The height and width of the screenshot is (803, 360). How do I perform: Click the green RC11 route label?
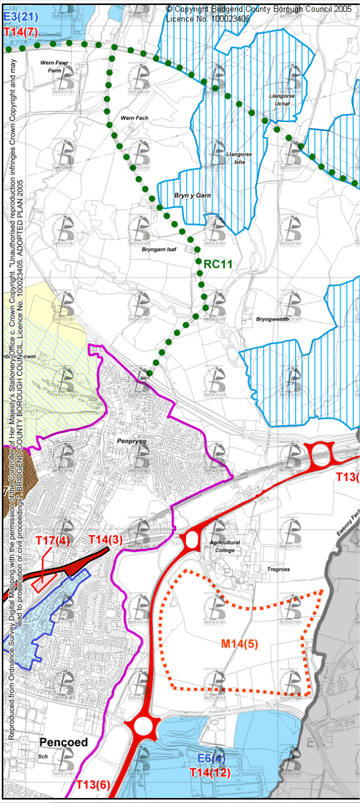218,264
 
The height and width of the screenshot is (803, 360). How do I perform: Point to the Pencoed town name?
63,743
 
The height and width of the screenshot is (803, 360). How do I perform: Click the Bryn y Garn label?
192,196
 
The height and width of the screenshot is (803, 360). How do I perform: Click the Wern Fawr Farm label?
53,67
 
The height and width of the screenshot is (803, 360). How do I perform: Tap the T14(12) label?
210,773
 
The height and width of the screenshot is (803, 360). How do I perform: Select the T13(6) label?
93,784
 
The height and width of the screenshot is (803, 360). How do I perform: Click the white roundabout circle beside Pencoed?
143,727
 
